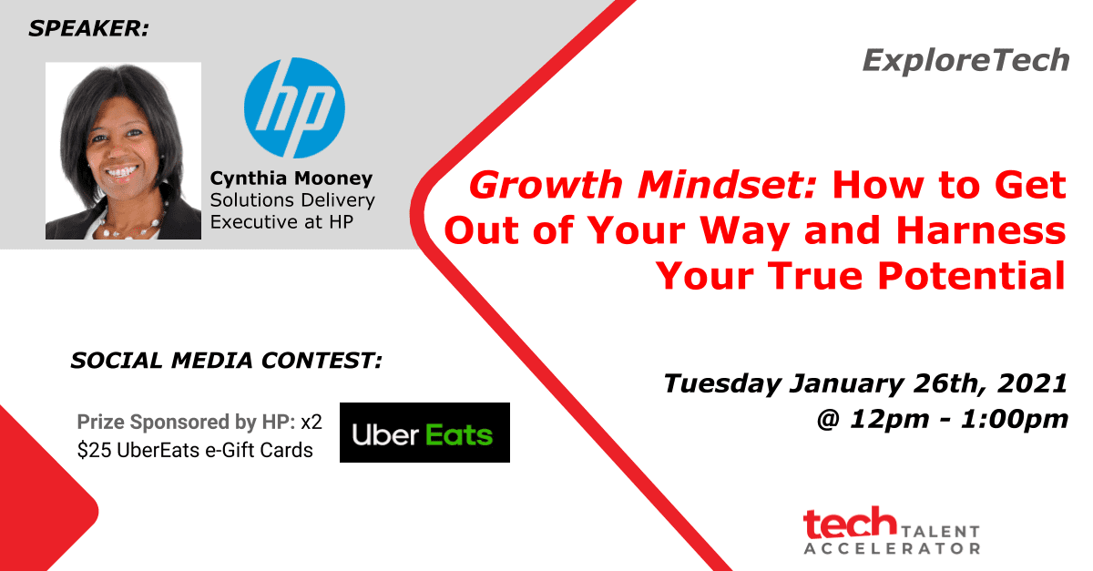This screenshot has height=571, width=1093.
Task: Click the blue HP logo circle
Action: [294, 107]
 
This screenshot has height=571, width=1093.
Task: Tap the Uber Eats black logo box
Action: [424, 433]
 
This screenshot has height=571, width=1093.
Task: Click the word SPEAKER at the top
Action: [88, 28]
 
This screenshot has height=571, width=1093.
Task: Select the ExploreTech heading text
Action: [966, 60]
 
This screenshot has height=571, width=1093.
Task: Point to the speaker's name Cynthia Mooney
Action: [291, 178]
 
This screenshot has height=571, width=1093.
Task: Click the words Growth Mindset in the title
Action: [643, 185]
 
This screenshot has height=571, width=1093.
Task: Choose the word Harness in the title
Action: [981, 230]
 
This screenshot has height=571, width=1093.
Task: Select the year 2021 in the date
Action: [1032, 382]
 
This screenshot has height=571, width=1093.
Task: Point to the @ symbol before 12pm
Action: [828, 419]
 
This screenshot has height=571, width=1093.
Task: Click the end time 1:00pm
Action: [1015, 419]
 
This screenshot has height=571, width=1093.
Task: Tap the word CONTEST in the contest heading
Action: [322, 360]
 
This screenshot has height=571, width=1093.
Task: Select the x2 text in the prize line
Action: [312, 422]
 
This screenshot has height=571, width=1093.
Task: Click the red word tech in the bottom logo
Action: [850, 522]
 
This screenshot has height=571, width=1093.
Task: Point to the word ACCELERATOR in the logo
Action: [892, 548]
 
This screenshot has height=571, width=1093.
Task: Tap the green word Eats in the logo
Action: [459, 434]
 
